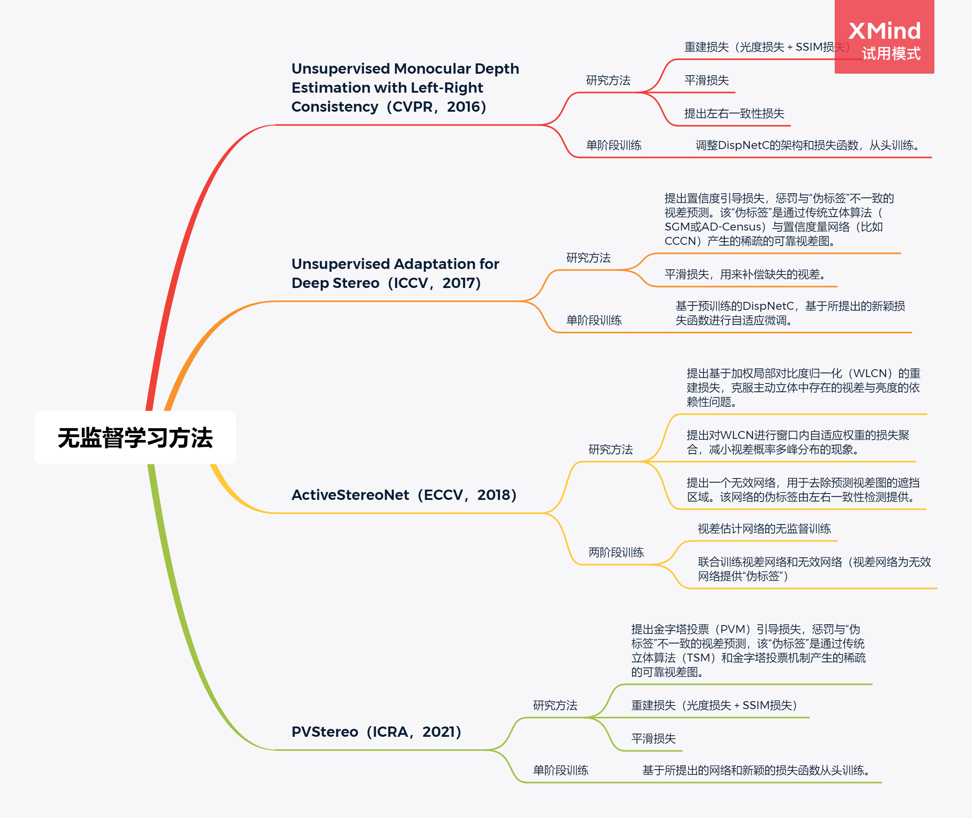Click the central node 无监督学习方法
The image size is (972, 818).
(135, 437)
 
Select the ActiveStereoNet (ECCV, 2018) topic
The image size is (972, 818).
(403, 495)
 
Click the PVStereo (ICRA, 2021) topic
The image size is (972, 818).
(376, 732)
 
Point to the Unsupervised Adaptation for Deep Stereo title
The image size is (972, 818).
(395, 273)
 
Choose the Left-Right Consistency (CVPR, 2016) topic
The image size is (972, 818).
(405, 88)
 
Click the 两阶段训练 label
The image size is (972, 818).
(616, 552)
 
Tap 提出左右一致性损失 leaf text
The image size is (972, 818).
(734, 114)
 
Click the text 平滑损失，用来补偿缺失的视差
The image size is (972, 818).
(746, 275)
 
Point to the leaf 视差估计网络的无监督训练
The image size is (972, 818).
(764, 529)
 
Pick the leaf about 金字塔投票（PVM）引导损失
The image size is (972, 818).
(748, 650)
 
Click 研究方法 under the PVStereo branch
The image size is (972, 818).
(555, 706)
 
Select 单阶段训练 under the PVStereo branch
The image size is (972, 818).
(560, 770)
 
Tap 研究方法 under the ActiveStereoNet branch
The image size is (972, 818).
(610, 449)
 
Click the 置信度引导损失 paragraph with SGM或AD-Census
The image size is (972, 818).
(779, 220)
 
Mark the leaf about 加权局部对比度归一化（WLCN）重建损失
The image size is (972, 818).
(803, 388)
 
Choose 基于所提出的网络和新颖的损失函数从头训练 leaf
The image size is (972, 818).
(757, 770)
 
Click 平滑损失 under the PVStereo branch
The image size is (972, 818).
(653, 738)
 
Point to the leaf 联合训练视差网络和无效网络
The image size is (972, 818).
(814, 569)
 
